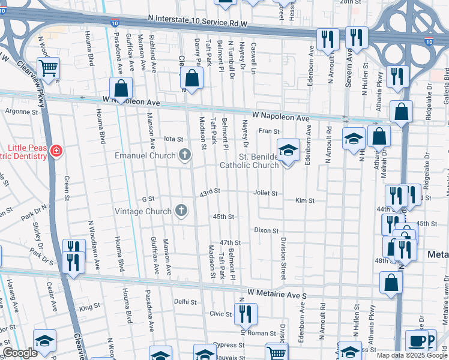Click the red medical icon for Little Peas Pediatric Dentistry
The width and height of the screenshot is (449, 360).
(56, 150)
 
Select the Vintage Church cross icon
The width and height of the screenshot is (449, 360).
(180, 211)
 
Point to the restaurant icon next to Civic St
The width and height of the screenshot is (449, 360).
(246, 313)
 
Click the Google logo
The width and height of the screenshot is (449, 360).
(20, 353)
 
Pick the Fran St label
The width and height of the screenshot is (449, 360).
(270, 131)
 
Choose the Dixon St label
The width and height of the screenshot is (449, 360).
(267, 230)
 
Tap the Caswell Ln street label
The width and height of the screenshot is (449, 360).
(254, 55)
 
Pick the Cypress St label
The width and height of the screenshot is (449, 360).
(224, 345)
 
